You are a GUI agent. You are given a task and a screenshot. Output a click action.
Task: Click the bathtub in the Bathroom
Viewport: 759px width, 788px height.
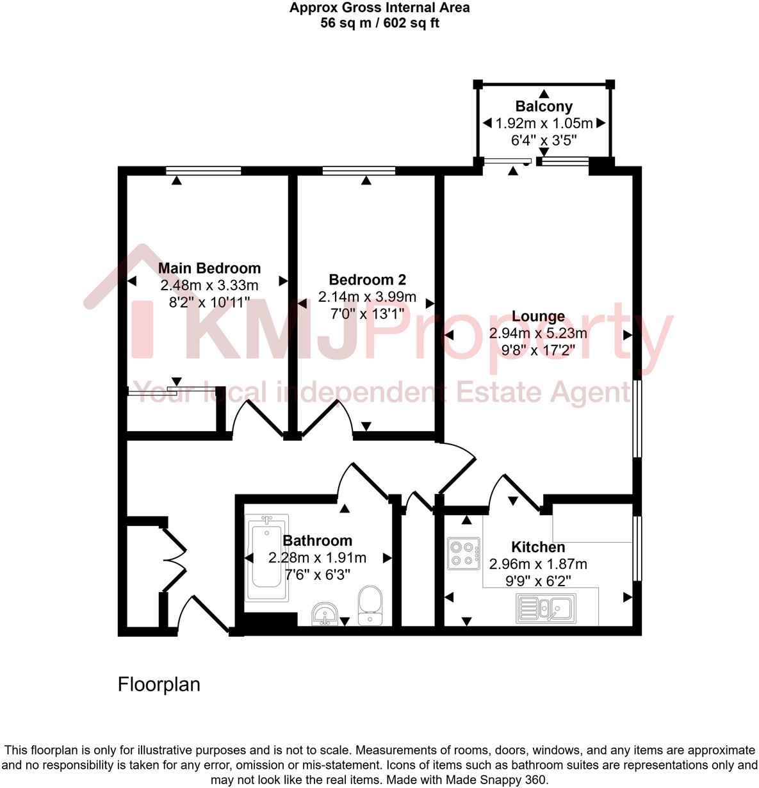coord(266,557)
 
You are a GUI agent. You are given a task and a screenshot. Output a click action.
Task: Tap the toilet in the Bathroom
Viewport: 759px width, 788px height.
coord(370,605)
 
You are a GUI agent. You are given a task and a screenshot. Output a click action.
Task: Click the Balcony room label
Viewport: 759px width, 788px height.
coord(544,106)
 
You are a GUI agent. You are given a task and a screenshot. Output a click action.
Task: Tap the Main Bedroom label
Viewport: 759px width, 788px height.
coord(209,268)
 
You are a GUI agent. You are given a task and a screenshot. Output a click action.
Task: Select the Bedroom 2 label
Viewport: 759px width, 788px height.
coord(367,280)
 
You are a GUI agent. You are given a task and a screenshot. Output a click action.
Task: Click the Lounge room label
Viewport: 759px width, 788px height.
coord(538,316)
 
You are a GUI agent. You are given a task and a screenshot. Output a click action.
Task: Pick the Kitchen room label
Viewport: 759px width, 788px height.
coord(538,547)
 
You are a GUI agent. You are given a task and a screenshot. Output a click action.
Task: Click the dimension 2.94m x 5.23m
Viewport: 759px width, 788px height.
coord(538,333)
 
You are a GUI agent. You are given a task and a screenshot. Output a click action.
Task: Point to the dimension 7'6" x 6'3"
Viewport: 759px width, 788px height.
coord(318,575)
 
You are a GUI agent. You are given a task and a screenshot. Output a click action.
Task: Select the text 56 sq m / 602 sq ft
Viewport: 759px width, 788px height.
coord(379,24)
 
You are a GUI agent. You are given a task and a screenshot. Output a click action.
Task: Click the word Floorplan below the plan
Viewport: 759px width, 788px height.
coord(159,684)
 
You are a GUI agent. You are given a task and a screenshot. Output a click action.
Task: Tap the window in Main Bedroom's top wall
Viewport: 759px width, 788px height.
coord(203,170)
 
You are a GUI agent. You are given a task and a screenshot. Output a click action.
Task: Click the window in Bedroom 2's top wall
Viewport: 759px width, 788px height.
coord(359,170)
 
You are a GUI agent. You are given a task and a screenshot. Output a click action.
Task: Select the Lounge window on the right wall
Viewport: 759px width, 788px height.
coord(637,419)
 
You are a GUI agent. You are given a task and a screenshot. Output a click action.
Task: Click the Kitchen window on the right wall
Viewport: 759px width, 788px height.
coord(637,548)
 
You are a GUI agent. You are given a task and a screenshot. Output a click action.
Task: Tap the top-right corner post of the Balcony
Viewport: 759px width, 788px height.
coord(610,84)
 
